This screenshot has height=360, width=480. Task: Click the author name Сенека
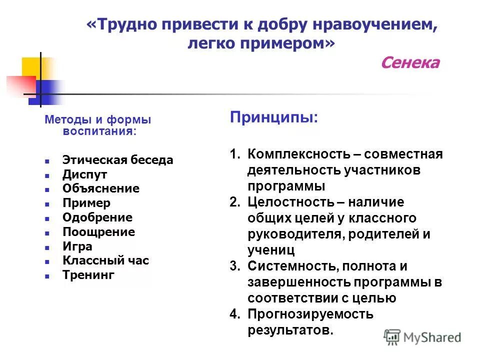click(410, 63)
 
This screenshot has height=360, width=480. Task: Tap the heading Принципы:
click(273, 118)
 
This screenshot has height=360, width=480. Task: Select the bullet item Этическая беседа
click(117, 160)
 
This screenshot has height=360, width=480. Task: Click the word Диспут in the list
click(84, 174)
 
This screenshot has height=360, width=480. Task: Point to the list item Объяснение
click(101, 188)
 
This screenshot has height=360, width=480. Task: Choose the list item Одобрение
click(97, 217)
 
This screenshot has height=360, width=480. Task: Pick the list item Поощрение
click(98, 232)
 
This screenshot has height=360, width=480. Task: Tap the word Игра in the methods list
click(77, 246)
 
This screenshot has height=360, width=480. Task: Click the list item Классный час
click(105, 260)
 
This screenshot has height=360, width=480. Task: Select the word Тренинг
click(88, 275)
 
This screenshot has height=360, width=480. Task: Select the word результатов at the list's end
click(289, 330)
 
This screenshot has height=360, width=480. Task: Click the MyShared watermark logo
click(422, 337)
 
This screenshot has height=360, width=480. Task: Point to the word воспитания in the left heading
click(98, 131)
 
